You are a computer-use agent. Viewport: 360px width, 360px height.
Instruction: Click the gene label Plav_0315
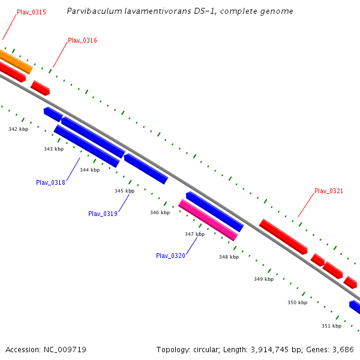pyautogui.click(x=31, y=12)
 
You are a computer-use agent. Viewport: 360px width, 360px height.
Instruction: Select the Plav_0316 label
pyautogui.click(x=82, y=41)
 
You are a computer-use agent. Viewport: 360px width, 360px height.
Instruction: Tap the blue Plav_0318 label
pyautogui.click(x=50, y=182)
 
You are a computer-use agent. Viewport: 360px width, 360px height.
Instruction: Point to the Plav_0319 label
pyautogui.click(x=103, y=214)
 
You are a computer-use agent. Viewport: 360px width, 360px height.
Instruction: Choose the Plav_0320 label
pyautogui.click(x=170, y=256)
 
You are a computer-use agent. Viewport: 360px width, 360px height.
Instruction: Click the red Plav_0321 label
pyautogui.click(x=329, y=191)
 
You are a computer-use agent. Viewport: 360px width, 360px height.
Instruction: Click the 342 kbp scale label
pyautogui.click(x=18, y=129)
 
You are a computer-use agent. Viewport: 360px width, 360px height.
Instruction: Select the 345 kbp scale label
pyautogui.click(x=124, y=191)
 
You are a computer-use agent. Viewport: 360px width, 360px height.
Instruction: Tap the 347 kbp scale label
pyautogui.click(x=194, y=234)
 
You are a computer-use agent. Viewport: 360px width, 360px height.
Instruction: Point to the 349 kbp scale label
pyautogui.click(x=263, y=279)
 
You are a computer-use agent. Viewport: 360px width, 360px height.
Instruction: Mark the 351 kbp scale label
pyautogui.click(x=331, y=326)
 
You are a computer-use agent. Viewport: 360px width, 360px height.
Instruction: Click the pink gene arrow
pyautogui.click(x=208, y=220)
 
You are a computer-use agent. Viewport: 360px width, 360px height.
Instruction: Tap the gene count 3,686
pyautogui.click(x=343, y=349)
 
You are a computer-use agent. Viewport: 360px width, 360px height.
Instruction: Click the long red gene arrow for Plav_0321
pyautogui.click(x=283, y=236)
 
